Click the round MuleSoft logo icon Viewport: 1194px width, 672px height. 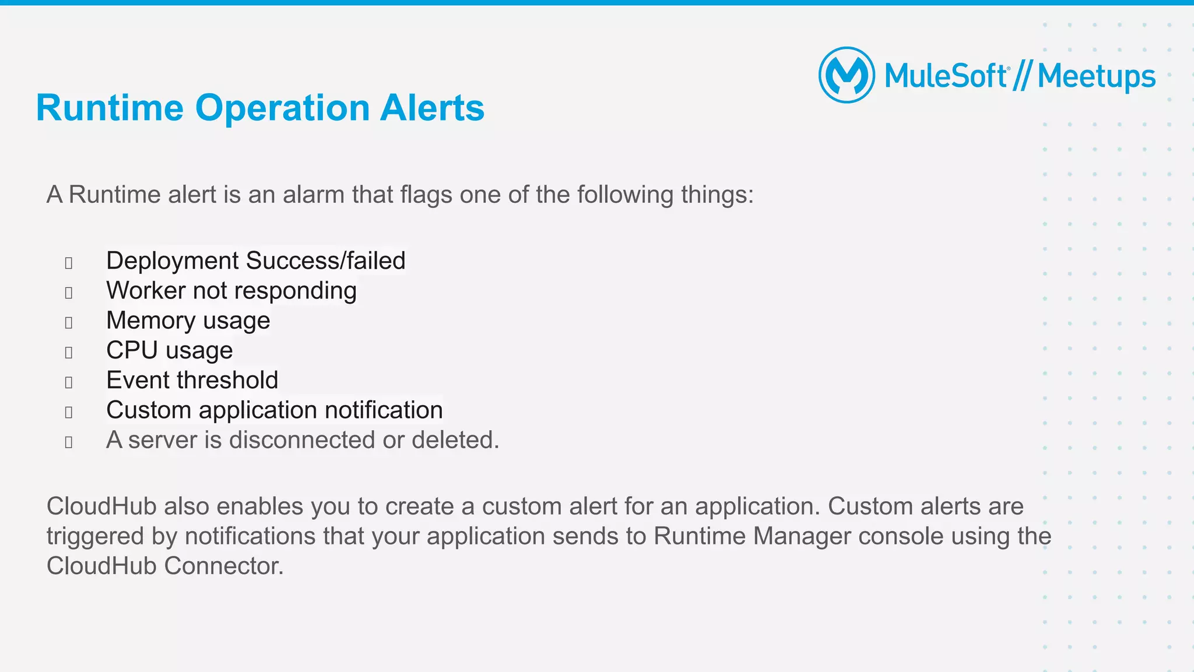click(x=847, y=75)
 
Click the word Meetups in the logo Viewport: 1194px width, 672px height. click(x=1096, y=77)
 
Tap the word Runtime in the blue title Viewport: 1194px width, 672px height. click(x=110, y=108)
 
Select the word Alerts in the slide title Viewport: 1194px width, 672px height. click(x=432, y=108)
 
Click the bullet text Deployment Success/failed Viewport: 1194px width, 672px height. click(x=255, y=261)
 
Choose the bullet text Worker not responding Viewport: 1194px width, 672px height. click(x=231, y=290)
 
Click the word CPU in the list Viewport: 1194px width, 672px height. click(x=132, y=350)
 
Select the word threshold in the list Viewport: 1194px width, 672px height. click(x=228, y=380)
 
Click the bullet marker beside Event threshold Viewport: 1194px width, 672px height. click(x=69, y=382)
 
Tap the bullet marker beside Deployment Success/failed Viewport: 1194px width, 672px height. click(x=69, y=263)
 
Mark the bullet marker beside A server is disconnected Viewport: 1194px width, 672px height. click(x=69, y=442)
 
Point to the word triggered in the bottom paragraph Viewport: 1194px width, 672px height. click(x=95, y=537)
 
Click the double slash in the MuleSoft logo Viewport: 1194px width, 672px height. click(x=1022, y=77)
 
